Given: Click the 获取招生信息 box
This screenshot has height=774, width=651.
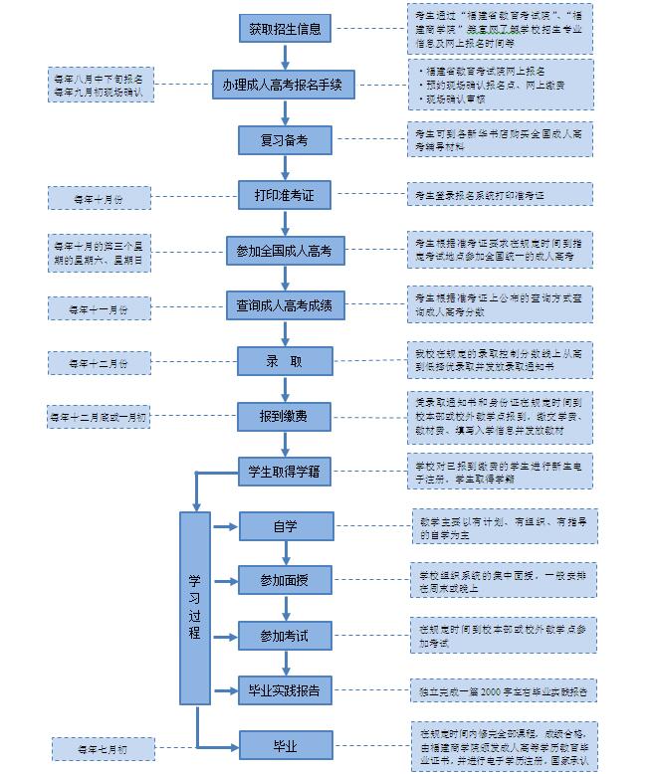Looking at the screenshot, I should [x=285, y=29].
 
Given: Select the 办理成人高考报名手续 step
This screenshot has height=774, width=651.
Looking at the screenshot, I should [x=283, y=85].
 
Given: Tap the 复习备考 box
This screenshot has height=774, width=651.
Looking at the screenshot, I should [x=285, y=140].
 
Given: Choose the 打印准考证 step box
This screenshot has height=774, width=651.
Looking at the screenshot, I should [x=285, y=195].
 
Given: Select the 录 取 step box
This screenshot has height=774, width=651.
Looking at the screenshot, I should [x=284, y=361].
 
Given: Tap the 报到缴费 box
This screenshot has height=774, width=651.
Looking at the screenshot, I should [x=284, y=416].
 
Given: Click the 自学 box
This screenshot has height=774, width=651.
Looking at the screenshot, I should [x=285, y=526].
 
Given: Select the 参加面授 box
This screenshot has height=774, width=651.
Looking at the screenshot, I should [x=285, y=579].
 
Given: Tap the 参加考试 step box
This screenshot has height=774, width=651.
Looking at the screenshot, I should [x=285, y=635].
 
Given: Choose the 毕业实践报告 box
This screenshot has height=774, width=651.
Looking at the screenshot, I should [x=285, y=689].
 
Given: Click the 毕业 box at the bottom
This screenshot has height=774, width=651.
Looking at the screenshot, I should [x=285, y=744].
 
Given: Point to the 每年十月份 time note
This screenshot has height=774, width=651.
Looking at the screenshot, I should [x=100, y=198].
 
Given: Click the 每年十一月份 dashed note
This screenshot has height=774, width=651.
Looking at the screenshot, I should [x=100, y=308].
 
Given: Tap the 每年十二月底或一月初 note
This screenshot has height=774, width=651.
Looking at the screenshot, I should [x=99, y=417].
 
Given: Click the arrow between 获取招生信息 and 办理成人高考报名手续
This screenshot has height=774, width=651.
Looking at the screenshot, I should [x=285, y=56].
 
